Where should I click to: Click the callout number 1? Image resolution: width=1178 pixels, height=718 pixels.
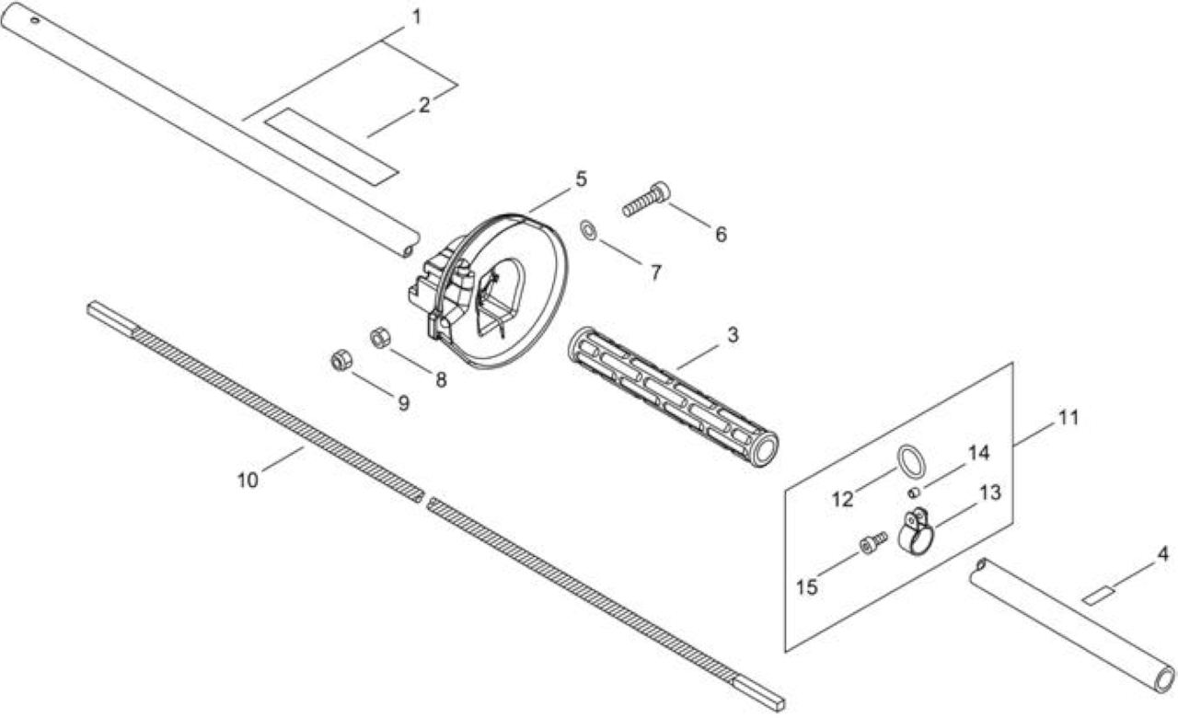click(417, 17)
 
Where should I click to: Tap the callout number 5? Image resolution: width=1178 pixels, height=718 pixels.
click(581, 179)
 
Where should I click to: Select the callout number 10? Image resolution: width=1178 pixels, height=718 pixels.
click(248, 481)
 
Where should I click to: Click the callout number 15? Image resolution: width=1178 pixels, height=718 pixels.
click(807, 587)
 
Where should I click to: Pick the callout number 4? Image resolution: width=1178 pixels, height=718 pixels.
click(1162, 554)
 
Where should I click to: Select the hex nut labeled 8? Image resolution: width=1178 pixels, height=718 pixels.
click(379, 337)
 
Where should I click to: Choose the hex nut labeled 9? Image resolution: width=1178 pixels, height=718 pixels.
click(341, 361)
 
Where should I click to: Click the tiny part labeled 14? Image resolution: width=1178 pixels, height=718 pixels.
click(914, 492)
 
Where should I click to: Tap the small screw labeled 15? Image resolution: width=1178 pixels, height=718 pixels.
click(873, 542)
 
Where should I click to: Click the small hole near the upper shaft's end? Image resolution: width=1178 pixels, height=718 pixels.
click(35, 20)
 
